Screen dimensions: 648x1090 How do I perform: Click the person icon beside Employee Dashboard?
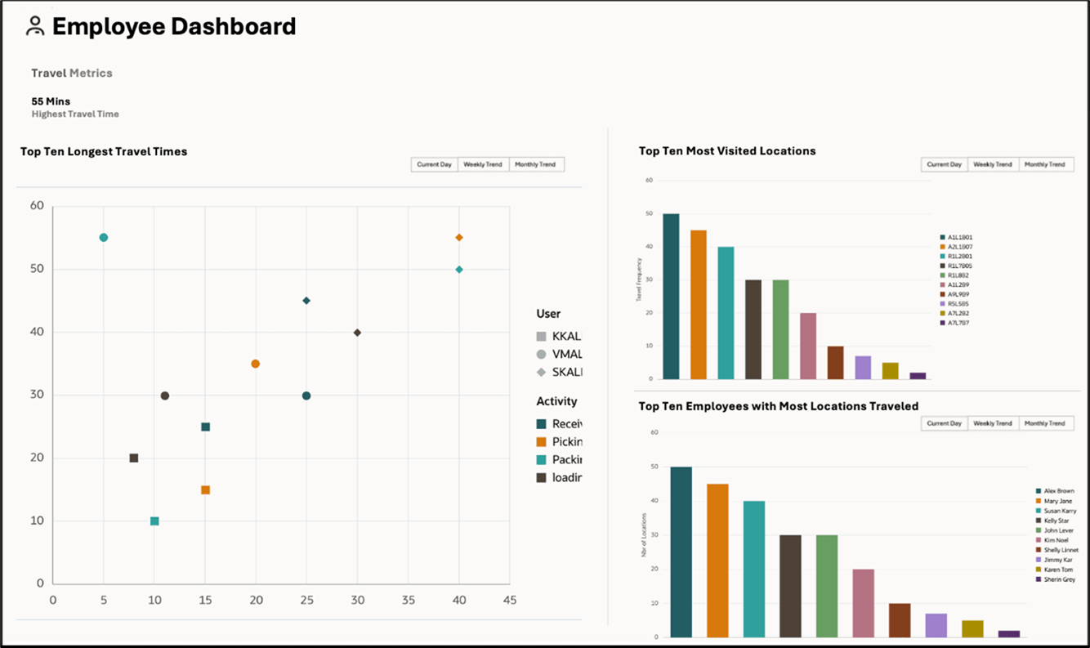pos(35,26)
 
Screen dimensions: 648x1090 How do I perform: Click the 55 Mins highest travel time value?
pos(50,101)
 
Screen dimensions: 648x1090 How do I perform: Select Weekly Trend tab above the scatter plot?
pos(483,164)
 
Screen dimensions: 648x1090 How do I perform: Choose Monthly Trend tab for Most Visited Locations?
pos(1045,164)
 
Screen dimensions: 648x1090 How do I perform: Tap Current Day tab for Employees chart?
pos(944,423)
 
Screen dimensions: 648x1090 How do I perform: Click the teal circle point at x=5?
pos(104,238)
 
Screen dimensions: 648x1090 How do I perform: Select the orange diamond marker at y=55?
pos(459,238)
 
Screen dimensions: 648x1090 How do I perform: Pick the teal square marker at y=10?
pos(154,521)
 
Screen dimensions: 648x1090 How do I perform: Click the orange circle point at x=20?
pos(256,364)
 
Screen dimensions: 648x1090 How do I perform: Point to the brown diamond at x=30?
pos(357,333)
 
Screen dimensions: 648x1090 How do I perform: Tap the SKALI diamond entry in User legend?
pos(560,372)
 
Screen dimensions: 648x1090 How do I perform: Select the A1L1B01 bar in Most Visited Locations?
pos(671,297)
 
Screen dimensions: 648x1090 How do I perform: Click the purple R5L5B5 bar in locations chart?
pos(863,368)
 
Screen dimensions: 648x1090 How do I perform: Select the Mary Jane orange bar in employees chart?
pos(717,561)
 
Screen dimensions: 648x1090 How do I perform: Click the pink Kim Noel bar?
pos(864,603)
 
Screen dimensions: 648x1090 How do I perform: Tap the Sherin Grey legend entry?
pos(1059,579)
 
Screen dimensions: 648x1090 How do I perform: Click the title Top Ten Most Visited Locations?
pos(727,151)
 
